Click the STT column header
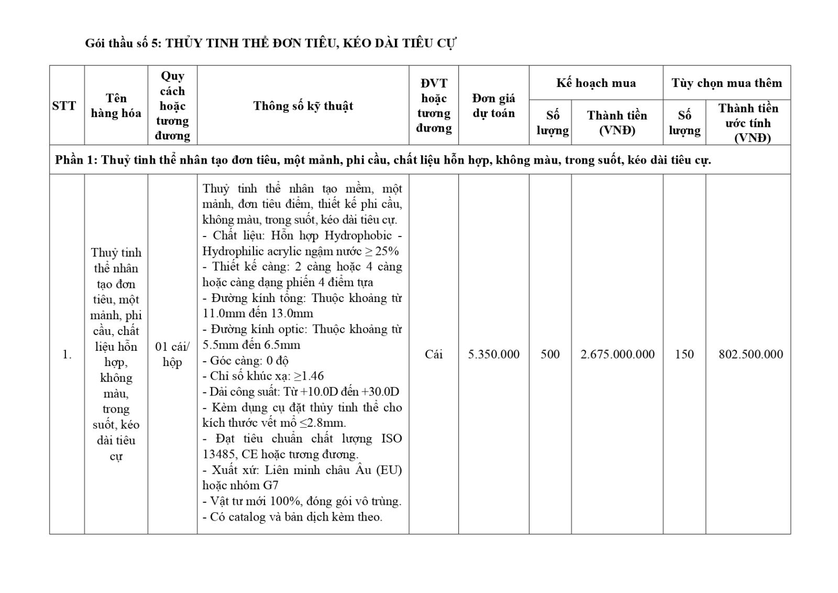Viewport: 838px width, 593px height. [64, 106]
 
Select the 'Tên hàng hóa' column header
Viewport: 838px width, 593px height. [116, 106]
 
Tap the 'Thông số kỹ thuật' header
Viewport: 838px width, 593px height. [303, 106]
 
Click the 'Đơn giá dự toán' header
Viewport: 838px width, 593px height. [493, 106]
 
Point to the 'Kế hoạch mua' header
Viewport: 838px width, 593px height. [596, 83]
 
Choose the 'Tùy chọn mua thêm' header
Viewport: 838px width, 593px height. [726, 83]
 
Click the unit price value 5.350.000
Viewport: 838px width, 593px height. [493, 354]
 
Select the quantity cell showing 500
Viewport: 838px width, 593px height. [550, 354]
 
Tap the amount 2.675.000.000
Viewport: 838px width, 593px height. [617, 354]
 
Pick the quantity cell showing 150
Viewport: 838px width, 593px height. [684, 354]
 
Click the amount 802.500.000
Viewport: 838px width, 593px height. [751, 354]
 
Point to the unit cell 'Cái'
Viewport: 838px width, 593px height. [434, 354]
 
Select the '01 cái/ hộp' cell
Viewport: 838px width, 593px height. [172, 354]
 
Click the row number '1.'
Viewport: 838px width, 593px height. [67, 354]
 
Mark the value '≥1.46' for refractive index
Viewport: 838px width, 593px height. [308, 376]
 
